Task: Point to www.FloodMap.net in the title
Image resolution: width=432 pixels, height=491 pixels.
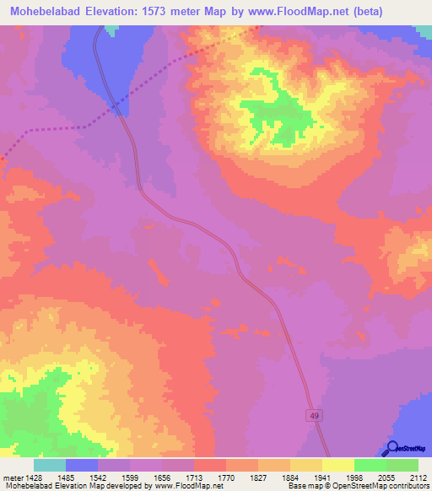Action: tap(291, 12)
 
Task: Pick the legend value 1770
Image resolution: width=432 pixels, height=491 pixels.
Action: tap(225, 476)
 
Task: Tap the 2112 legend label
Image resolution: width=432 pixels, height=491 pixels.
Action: tap(418, 476)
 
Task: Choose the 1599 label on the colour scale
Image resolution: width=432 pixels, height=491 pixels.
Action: tap(129, 476)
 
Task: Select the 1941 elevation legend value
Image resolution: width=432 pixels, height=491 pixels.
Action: tap(321, 476)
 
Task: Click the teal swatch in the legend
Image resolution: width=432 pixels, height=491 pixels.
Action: tap(50, 465)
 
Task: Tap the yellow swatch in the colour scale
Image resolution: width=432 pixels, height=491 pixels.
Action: tap(337, 465)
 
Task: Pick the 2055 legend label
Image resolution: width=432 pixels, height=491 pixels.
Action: tap(386, 476)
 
